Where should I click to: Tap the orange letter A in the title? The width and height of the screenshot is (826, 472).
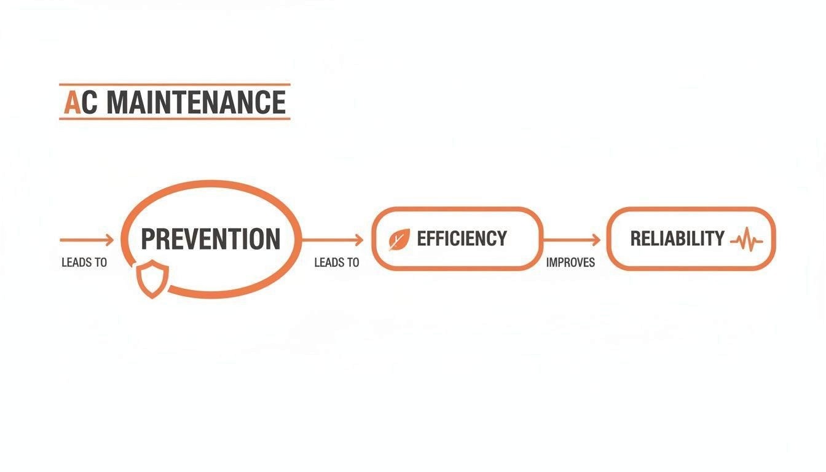tap(73, 102)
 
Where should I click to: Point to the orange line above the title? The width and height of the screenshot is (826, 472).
tap(175, 84)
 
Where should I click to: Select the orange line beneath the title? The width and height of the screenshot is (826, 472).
tap(175, 118)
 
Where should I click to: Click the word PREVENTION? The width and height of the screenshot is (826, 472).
tap(211, 239)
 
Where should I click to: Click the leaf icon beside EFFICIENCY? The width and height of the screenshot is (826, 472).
tap(399, 239)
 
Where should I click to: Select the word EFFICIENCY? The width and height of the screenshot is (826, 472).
tap(462, 238)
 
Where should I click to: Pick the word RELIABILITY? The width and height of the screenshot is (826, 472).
tap(677, 238)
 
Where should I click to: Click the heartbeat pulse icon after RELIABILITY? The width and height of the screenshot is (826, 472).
tap(746, 239)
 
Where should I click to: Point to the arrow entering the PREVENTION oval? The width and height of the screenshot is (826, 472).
tap(86, 239)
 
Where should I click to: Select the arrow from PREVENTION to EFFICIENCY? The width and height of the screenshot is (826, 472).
tap(332, 239)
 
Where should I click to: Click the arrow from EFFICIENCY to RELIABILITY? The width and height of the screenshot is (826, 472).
tap(572, 239)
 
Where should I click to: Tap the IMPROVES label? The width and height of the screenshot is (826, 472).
tap(570, 262)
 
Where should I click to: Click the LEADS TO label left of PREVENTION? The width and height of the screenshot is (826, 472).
tap(84, 262)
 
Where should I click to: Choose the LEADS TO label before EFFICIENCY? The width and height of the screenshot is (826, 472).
tap(336, 262)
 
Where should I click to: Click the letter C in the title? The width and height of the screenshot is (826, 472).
tap(90, 102)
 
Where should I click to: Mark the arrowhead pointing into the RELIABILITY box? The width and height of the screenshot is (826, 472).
tap(596, 239)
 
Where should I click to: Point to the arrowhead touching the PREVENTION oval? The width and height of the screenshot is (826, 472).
tap(109, 239)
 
